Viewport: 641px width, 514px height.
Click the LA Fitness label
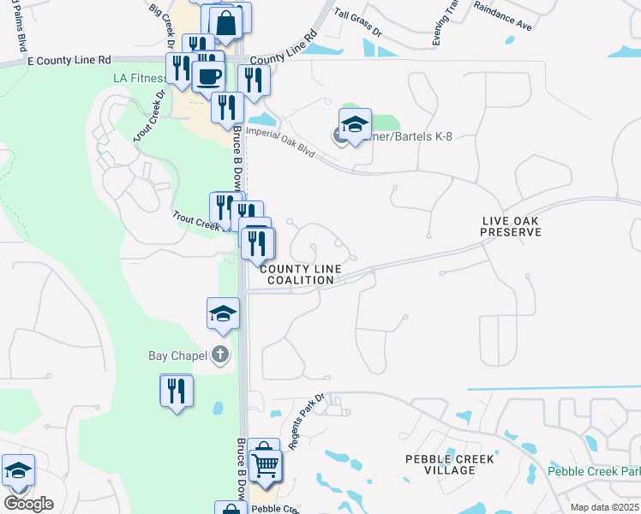141,78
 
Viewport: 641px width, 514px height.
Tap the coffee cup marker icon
208,77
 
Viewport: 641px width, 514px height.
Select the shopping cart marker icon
267,466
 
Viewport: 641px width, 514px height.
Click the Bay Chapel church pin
220,354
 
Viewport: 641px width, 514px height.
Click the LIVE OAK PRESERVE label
512,226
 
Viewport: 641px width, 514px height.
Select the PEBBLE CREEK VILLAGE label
450,465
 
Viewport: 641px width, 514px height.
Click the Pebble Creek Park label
593,471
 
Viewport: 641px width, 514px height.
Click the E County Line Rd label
69,61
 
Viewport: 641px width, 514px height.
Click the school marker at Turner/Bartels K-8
355,125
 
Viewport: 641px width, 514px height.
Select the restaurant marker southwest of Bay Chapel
177,391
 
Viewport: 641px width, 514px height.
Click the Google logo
28,504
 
